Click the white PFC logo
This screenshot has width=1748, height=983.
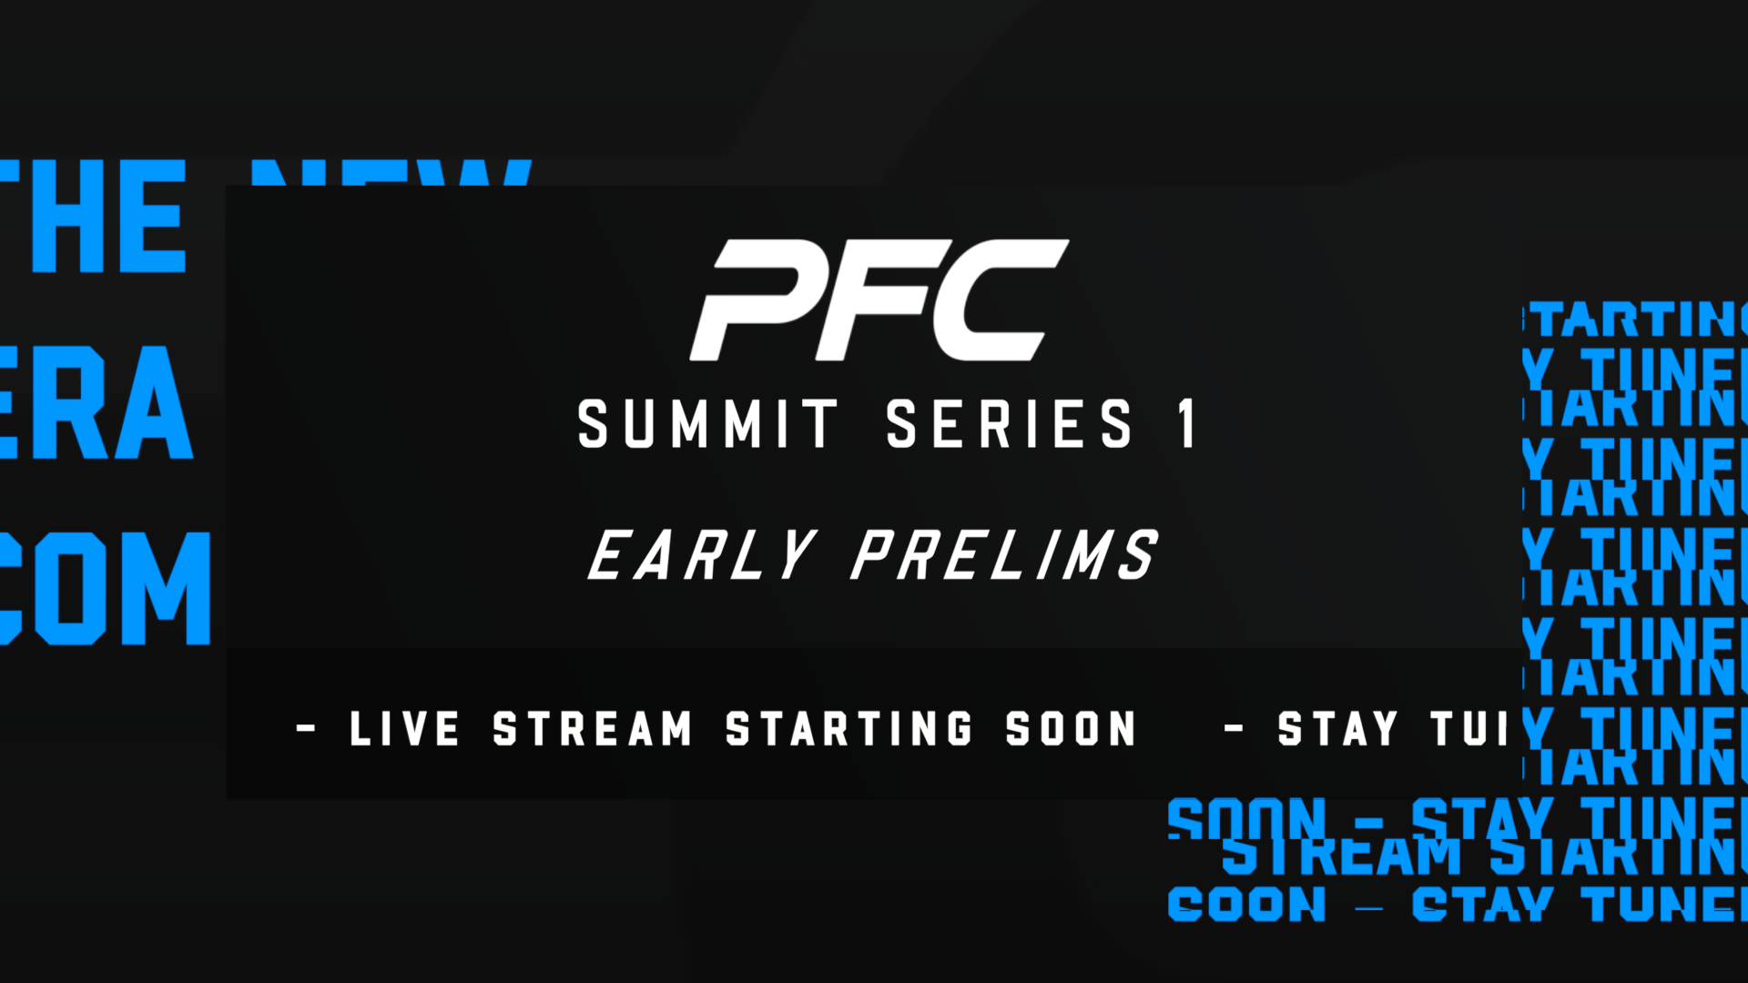tap(879, 300)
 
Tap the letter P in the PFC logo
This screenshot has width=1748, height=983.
tap(760, 300)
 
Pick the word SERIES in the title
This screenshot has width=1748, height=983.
tap(1010, 424)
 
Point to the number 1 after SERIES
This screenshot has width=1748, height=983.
tap(1186, 424)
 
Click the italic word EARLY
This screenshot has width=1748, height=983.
tap(702, 555)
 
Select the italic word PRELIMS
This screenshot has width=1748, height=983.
tap(1004, 555)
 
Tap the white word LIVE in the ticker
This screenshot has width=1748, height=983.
tap(404, 729)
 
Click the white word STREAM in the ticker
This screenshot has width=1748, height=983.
tap(592, 729)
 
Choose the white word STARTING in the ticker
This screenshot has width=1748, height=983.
tap(849, 729)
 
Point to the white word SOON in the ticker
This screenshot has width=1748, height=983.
tap(1071, 729)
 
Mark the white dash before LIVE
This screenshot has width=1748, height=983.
tap(307, 729)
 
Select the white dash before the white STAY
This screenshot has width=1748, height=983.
tap(1234, 729)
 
